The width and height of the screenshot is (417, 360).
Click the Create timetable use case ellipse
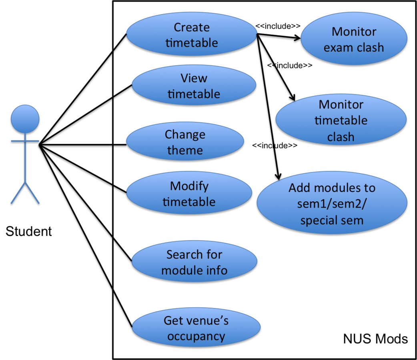(192, 35)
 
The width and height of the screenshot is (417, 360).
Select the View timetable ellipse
(194, 86)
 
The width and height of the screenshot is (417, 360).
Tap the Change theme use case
(185, 142)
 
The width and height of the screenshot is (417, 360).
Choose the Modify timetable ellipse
(189, 194)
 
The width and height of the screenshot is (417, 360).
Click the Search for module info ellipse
(194, 262)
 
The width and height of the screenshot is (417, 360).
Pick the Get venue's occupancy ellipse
(196, 328)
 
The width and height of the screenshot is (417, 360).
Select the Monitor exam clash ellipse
(354, 39)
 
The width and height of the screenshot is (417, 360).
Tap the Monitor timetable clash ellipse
(341, 120)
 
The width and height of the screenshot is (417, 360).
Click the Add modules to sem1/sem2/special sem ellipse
(332, 204)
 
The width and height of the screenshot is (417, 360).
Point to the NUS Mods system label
(375, 339)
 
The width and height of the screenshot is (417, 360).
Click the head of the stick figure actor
(25, 119)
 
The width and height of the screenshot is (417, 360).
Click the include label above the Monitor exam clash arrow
(278, 26)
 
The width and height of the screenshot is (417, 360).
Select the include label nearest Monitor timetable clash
(290, 65)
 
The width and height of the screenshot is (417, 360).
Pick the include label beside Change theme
(275, 146)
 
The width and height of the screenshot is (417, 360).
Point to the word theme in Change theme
(185, 150)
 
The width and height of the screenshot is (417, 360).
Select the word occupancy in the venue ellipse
(196, 336)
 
